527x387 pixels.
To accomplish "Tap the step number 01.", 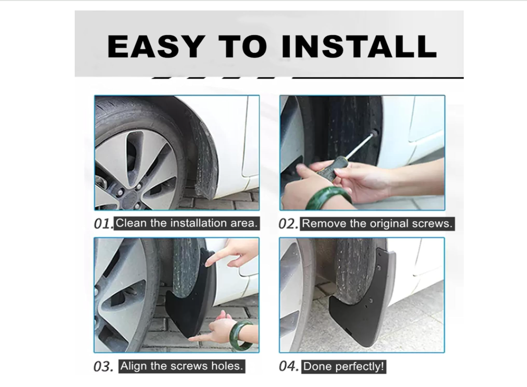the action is (x=104, y=224).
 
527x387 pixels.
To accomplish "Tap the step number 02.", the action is (x=288, y=224).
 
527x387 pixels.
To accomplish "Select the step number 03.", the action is (x=103, y=367).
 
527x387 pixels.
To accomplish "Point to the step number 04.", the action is (x=289, y=367).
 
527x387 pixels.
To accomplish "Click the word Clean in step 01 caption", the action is (x=132, y=223).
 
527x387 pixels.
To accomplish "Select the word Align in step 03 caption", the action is (x=134, y=366).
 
